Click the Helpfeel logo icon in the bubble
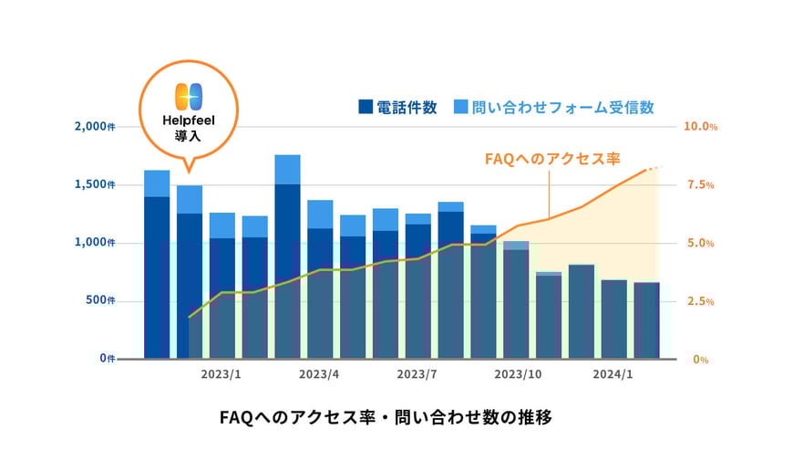(187, 97)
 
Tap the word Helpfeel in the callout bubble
(187, 120)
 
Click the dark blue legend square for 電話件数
(366, 108)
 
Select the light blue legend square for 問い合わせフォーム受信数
(459, 108)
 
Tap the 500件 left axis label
(100, 300)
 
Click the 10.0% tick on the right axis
(700, 126)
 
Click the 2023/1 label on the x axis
(221, 374)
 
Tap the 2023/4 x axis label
(319, 374)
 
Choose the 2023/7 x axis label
(417, 374)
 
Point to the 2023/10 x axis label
(518, 374)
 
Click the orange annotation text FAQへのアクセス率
(552, 159)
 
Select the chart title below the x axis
(386, 418)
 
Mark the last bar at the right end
(646, 319)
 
